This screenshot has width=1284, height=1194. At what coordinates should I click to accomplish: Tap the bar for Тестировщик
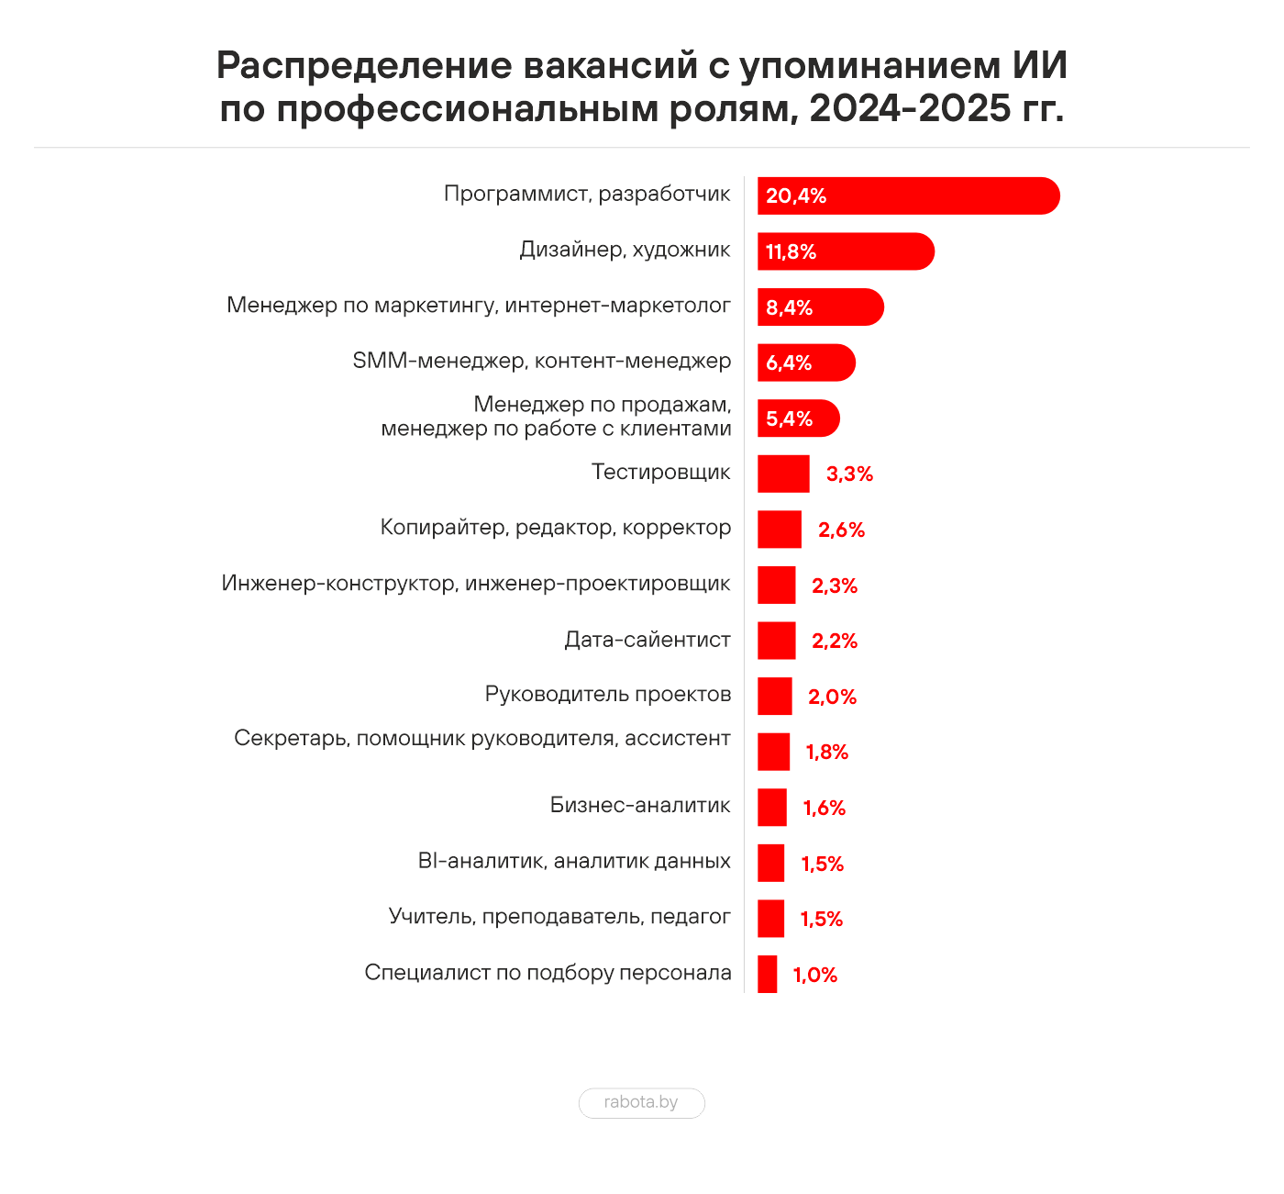click(x=783, y=474)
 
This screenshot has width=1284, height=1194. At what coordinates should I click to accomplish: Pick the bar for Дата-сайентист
click(x=776, y=641)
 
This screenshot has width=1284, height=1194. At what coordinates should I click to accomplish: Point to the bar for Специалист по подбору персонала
click(x=767, y=974)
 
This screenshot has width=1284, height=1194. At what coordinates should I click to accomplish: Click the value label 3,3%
click(x=849, y=474)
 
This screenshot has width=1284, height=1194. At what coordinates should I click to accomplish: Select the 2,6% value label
click(x=841, y=530)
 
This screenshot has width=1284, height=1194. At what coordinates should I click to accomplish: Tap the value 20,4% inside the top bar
click(x=796, y=196)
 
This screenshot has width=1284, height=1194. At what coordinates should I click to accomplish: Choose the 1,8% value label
click(x=826, y=753)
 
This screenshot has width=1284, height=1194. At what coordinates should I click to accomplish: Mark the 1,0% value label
click(x=815, y=975)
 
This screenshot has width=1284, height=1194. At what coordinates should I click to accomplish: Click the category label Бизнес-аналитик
click(x=640, y=806)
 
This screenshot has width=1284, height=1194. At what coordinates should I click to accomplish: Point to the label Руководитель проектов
click(x=607, y=695)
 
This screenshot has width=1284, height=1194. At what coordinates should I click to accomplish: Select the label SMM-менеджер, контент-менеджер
click(x=541, y=362)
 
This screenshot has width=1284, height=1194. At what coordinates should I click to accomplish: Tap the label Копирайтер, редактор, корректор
click(x=555, y=528)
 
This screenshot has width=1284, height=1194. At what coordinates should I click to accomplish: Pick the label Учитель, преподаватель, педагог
click(x=559, y=916)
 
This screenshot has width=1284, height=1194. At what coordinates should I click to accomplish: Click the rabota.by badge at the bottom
click(x=641, y=1102)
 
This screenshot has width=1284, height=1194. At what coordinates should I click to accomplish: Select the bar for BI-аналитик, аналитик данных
click(x=770, y=863)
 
